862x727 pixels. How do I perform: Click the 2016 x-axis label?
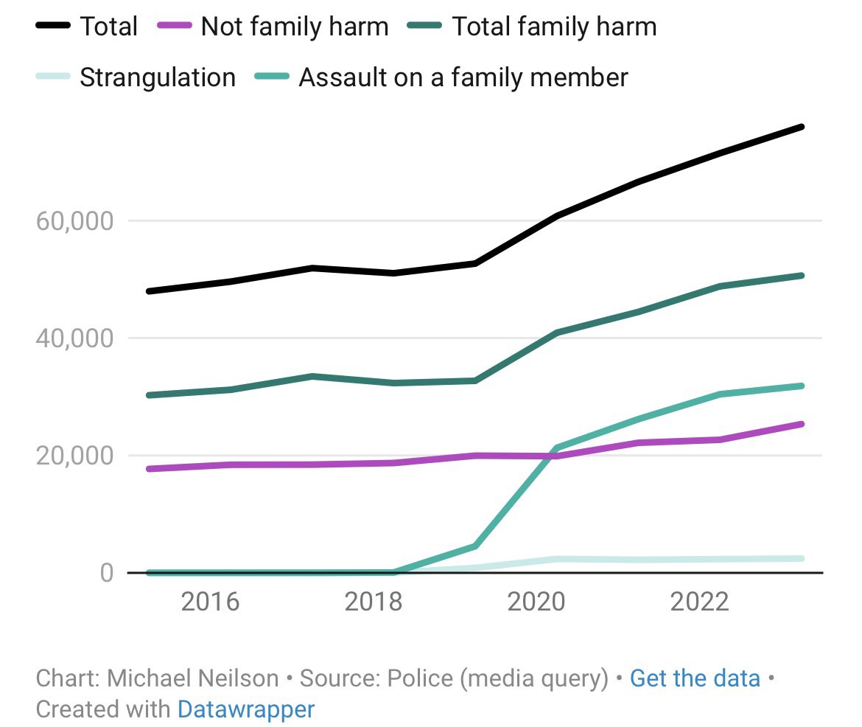pos(210,602)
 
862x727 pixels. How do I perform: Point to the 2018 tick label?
pos(374,602)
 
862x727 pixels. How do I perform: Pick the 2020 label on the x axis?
pos(537,602)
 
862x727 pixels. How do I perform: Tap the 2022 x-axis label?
pos(700,602)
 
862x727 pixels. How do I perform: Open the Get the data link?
pos(695,678)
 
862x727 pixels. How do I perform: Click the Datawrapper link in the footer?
pos(245,709)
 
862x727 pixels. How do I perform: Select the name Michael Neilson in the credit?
pos(194,678)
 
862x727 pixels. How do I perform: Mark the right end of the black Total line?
pos(802,127)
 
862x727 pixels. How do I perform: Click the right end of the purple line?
pos(802,424)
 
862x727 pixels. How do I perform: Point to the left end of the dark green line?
pos(149,395)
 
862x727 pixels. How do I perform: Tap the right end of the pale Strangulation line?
pos(802,558)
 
